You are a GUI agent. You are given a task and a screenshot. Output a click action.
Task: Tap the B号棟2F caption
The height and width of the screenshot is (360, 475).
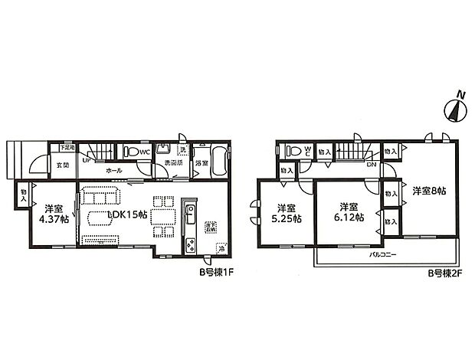(x=442, y=270)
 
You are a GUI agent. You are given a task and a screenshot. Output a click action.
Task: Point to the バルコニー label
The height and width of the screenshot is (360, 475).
(x=382, y=253)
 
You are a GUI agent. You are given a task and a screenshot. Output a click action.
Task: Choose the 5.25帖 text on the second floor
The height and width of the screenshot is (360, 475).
(x=286, y=217)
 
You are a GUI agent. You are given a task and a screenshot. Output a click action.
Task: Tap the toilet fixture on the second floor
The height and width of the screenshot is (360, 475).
(x=296, y=151)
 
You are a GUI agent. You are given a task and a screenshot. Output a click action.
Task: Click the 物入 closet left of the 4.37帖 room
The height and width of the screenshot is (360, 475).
(x=24, y=196)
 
